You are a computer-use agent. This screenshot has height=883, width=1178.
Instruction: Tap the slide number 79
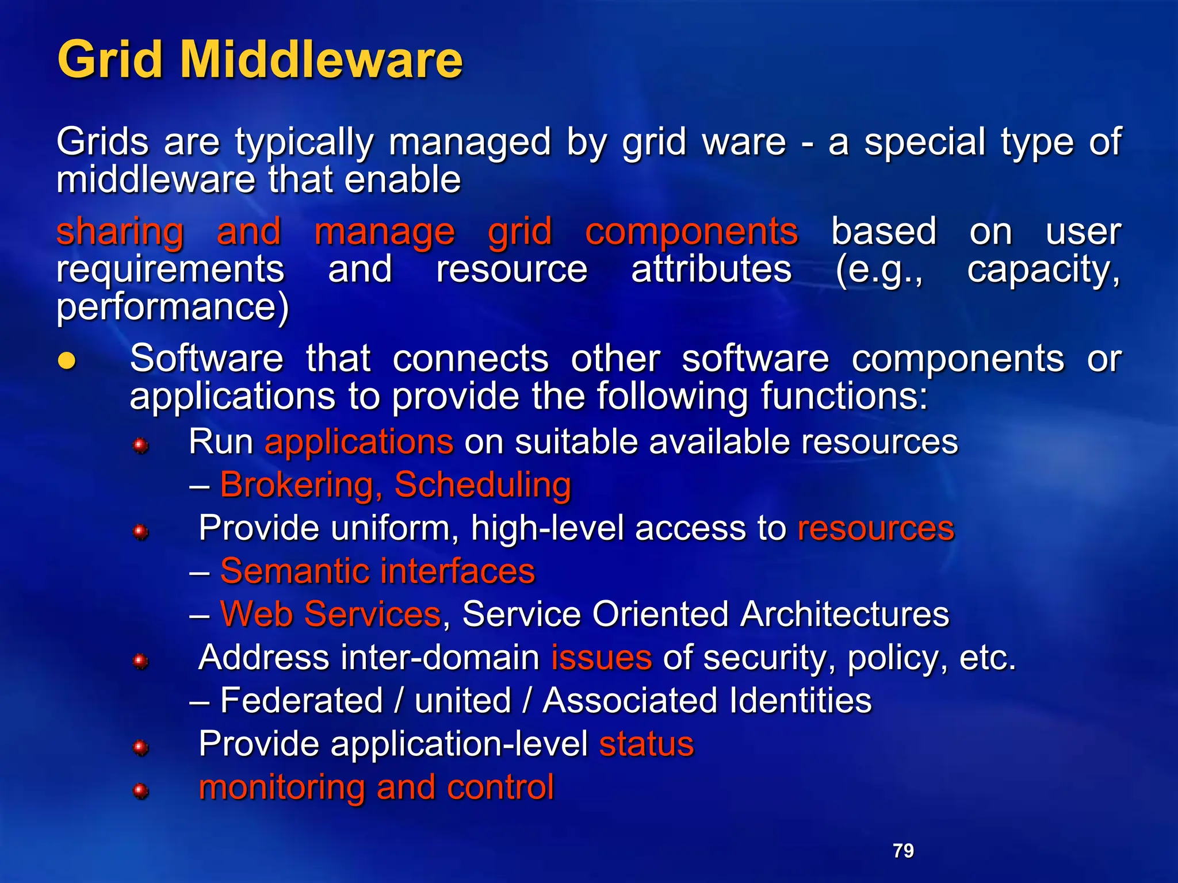(903, 850)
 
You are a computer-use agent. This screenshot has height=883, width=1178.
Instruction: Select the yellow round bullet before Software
(67, 360)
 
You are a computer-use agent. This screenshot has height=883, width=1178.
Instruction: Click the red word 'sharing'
(120, 232)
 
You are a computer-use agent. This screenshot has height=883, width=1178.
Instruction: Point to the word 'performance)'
(173, 308)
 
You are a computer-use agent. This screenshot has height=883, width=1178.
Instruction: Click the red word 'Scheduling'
(483, 485)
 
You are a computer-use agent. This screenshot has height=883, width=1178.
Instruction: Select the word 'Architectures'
(844, 614)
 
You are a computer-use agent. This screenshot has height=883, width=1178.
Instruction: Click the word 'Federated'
(301, 700)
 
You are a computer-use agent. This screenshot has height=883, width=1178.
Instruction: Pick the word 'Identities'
(800, 700)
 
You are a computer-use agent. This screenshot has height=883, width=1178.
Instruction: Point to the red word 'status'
(647, 744)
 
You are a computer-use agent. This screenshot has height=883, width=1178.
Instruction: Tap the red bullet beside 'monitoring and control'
(140, 792)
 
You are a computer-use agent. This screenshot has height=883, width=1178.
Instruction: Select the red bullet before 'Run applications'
(140, 446)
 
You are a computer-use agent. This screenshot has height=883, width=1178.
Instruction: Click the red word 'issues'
(602, 658)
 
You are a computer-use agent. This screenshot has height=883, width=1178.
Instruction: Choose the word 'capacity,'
(1043, 270)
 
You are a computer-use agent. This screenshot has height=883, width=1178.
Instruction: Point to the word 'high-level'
(547, 528)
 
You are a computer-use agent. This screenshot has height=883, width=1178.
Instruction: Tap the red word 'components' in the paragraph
(691, 232)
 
